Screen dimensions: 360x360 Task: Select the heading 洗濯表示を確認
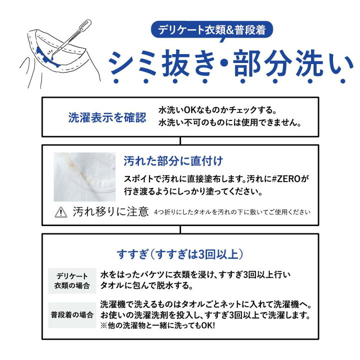(x=107, y=117)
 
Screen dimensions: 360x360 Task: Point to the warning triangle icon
(x=60, y=212)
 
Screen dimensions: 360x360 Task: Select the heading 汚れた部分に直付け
(x=173, y=161)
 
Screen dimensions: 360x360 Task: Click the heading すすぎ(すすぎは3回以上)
(x=179, y=252)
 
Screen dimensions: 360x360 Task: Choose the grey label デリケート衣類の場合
(x=72, y=281)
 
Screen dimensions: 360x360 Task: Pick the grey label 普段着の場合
(x=72, y=315)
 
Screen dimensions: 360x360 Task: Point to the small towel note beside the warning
(x=232, y=212)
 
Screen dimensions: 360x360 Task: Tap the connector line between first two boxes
(x=180, y=140)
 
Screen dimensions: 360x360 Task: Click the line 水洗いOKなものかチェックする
(x=217, y=109)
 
